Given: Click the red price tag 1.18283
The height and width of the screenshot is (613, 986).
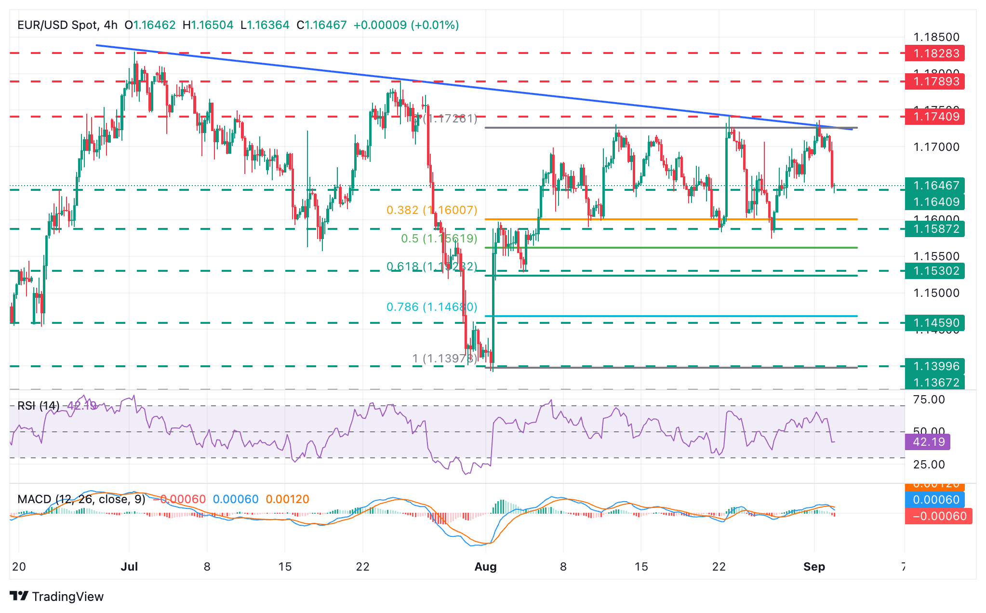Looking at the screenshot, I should (934, 53).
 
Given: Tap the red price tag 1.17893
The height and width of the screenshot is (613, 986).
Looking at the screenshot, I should (934, 81).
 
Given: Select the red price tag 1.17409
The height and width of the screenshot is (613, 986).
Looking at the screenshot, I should (934, 116).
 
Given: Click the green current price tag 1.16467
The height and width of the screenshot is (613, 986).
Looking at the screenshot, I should (934, 186).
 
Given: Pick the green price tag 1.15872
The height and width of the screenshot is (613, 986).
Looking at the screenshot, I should (934, 229).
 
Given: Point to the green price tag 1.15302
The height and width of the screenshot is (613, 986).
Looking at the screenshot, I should (934, 271).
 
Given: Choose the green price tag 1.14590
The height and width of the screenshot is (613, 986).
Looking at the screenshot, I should (934, 323).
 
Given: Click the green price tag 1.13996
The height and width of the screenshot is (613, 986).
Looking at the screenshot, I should (934, 366).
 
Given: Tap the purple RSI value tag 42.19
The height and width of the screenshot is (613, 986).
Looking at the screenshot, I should (927, 442).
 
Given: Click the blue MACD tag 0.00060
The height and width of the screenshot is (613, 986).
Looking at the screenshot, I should (934, 500).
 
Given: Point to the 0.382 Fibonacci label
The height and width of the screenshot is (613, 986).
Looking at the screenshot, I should (432, 210).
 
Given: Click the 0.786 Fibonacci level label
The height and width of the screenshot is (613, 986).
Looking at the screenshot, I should (432, 307).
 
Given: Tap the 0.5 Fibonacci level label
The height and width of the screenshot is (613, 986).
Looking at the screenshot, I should (439, 239).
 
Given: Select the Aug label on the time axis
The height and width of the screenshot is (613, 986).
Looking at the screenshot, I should (485, 567).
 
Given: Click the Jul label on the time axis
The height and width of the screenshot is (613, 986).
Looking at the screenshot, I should (129, 567).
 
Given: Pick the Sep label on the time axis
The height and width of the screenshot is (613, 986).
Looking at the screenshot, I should (814, 567).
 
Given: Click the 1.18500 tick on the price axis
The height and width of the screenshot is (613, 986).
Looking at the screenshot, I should (936, 37).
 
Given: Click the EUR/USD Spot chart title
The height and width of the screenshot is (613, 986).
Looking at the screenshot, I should (58, 25).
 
